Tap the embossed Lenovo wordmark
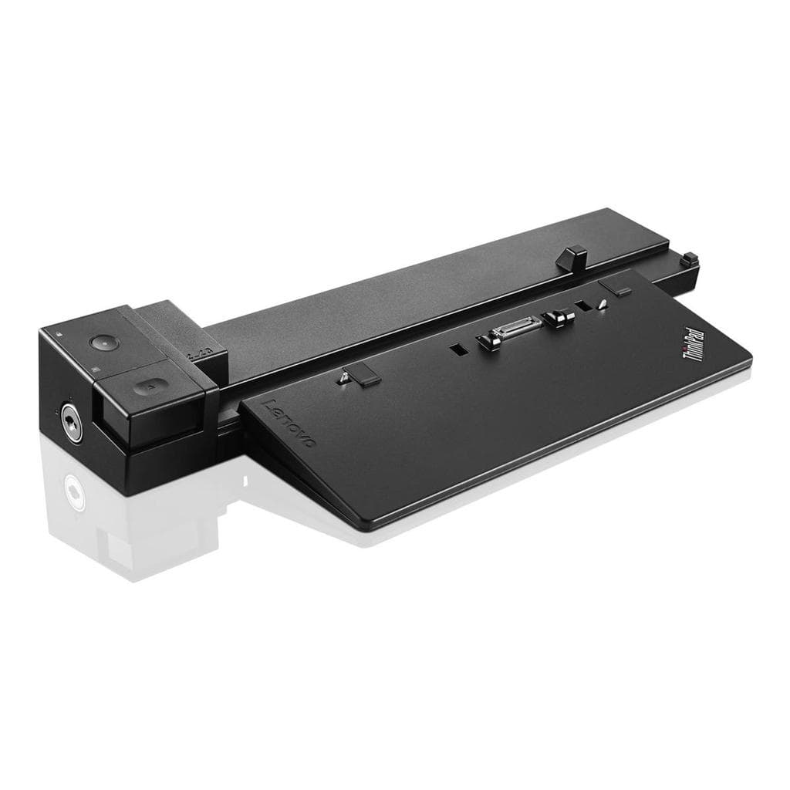tap(289, 422)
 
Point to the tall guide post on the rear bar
tap(570, 258)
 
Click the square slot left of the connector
tap(459, 350)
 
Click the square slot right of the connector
tap(584, 306)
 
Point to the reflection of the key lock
tap(73, 489)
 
